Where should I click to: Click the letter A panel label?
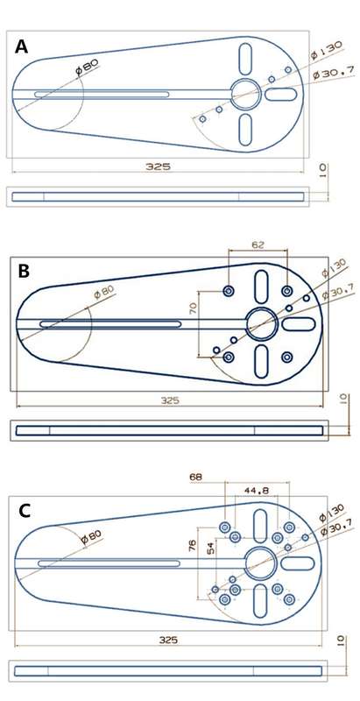pyautogui.click(x=21, y=46)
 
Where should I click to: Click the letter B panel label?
pyautogui.click(x=25, y=272)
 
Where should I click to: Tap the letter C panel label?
pyautogui.click(x=25, y=511)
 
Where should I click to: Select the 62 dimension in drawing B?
pyautogui.click(x=258, y=244)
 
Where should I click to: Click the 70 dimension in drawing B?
pyautogui.click(x=193, y=308)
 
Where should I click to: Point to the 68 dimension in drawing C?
pyautogui.click(x=195, y=477)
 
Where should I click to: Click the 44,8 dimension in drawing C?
pyautogui.click(x=257, y=491)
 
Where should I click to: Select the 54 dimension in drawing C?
pyautogui.click(x=211, y=549)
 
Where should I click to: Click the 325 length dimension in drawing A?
pyautogui.click(x=159, y=166)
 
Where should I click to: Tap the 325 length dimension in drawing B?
pyautogui.click(x=170, y=400)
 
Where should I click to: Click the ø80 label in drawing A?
pyautogui.click(x=87, y=67)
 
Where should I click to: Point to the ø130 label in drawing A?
pyautogui.click(x=327, y=50)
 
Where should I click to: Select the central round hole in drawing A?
pyautogui.click(x=245, y=94)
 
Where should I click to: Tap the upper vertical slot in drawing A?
pyautogui.click(x=245, y=59)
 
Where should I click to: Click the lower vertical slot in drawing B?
pyautogui.click(x=261, y=362)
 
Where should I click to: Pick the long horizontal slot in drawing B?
pyautogui.click(x=110, y=323)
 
